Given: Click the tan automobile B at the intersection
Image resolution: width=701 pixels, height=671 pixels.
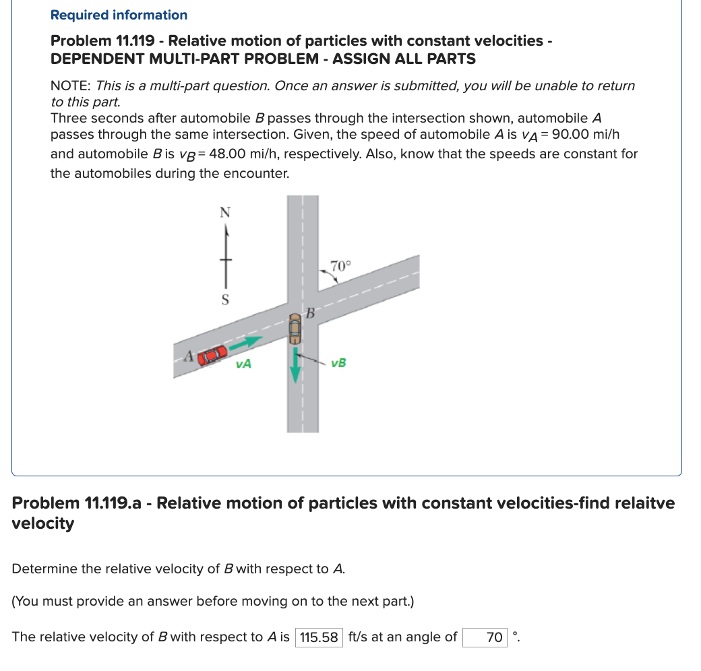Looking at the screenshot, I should pos(295,328).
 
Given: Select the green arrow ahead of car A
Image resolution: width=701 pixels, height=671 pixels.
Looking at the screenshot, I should pos(247,345).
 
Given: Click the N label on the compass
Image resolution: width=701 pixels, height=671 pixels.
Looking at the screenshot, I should pos(225,212).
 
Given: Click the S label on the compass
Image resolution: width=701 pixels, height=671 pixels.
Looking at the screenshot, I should pos(225,298).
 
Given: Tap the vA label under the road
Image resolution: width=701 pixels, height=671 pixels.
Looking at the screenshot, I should pos(244,364).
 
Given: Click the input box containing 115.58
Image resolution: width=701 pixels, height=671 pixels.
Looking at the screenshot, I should pos(319,637).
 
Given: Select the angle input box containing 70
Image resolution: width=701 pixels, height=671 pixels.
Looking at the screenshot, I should pos(485,637).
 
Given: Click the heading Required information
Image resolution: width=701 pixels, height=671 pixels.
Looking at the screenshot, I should pos(119,15).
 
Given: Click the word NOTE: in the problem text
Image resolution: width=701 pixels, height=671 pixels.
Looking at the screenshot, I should pos(71,86).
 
